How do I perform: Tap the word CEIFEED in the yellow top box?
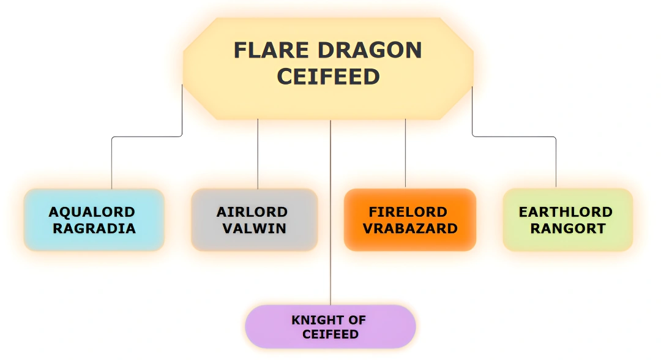[328, 77]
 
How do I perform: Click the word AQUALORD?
[92, 212]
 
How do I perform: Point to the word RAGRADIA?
[94, 228]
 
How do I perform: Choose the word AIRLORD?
[252, 212]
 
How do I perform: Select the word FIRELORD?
[408, 212]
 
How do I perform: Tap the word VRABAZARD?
[410, 228]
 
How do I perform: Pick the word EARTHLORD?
[566, 212]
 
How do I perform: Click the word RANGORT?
[568, 228]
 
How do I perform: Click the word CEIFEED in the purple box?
[330, 334]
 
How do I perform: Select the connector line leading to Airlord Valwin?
[258, 153]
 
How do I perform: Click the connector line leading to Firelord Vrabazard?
[405, 153]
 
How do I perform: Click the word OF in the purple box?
[357, 320]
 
